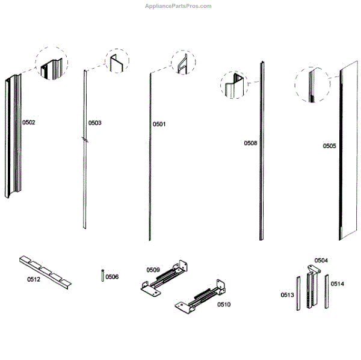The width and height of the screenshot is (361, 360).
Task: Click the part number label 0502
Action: (29, 122)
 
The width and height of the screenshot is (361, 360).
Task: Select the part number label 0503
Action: (94, 123)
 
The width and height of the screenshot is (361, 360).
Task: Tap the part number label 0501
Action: (159, 124)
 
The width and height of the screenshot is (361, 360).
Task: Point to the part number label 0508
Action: (250, 143)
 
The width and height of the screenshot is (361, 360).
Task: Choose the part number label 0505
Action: (329, 146)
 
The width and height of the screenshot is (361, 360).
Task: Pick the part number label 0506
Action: (112, 277)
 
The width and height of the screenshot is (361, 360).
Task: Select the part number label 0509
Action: (153, 270)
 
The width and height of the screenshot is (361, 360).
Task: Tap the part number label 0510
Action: (224, 305)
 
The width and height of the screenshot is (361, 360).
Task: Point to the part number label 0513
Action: (287, 295)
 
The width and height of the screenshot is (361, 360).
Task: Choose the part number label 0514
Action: (338, 284)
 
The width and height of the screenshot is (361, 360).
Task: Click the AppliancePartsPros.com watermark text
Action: (179, 6)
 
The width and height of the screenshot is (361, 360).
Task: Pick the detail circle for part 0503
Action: (117, 61)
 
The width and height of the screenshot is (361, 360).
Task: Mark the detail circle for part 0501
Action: (183, 61)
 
